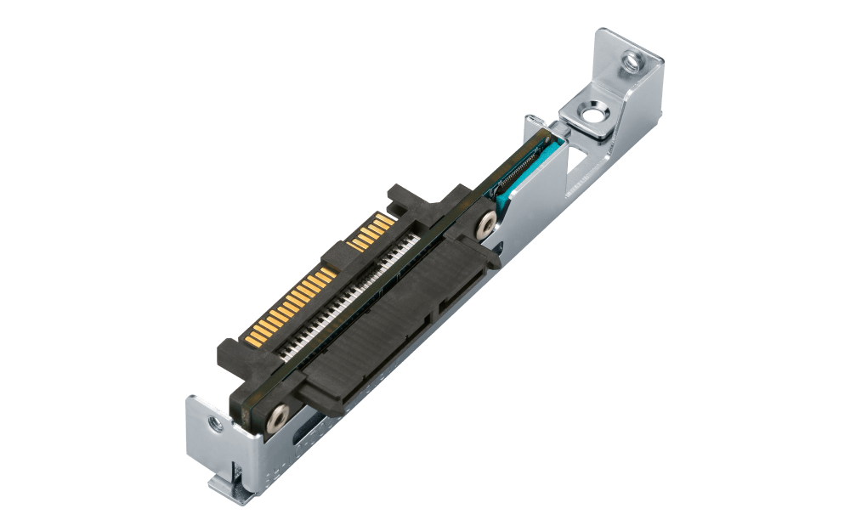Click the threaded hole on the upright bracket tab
click(x=631, y=59)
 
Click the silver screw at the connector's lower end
click(x=277, y=416)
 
